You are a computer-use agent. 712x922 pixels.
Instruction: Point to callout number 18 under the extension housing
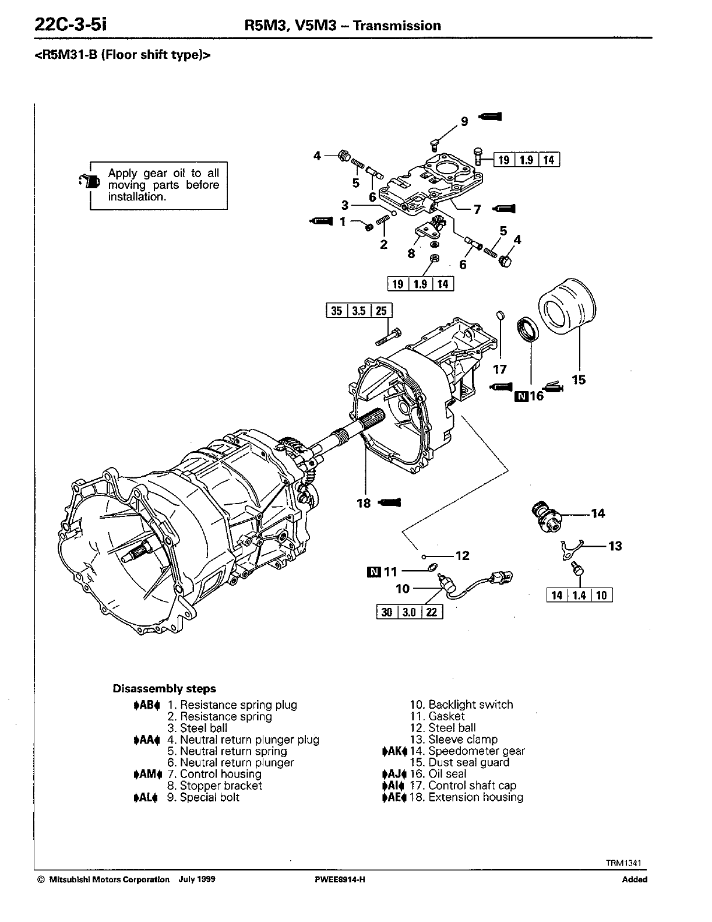point(364,503)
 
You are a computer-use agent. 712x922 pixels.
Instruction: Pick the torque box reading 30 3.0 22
point(410,613)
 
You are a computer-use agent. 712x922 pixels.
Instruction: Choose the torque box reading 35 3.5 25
point(359,311)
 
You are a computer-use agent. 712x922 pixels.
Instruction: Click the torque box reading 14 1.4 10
point(580,595)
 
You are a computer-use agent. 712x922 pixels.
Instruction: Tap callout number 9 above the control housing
point(464,121)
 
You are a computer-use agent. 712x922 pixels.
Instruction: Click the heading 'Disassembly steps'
point(164,688)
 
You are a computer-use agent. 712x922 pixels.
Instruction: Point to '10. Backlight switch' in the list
point(461,705)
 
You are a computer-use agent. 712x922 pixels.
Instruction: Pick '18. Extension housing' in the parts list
point(466,797)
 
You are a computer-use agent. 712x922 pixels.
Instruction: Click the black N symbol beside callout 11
point(373,572)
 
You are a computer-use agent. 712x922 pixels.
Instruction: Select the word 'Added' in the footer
point(635,879)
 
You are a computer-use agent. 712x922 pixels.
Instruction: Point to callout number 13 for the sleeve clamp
point(615,546)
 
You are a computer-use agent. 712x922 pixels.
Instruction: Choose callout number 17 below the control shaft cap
point(499,369)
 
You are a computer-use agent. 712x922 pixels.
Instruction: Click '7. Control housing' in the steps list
point(214,774)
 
